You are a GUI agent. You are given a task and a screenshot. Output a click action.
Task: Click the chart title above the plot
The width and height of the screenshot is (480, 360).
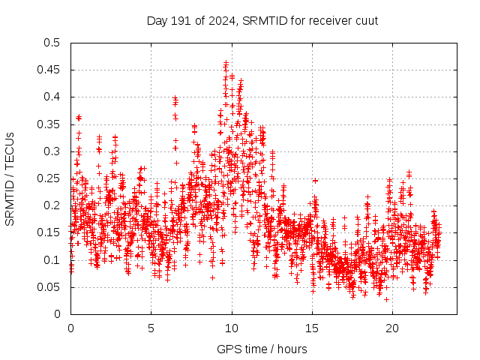[x=262, y=20]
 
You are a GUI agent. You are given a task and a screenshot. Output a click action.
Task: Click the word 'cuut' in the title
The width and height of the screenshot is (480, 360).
[x=366, y=20]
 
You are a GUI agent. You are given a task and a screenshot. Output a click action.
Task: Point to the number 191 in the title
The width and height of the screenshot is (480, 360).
[x=178, y=20]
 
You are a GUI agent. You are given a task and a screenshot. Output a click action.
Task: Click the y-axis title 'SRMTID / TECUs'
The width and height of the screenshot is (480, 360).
[x=10, y=178]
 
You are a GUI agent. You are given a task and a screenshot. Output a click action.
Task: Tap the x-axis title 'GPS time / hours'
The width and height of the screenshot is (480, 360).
[x=262, y=349]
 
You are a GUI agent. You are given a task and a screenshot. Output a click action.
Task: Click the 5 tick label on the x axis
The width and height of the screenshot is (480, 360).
[x=151, y=328]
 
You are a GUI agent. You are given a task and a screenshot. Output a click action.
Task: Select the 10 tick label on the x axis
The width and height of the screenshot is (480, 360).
[x=231, y=328]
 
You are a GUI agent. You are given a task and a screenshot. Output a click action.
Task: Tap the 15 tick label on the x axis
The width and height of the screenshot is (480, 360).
[x=311, y=328]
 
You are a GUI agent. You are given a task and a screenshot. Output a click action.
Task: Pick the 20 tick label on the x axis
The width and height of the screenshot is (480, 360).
[x=391, y=328]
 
